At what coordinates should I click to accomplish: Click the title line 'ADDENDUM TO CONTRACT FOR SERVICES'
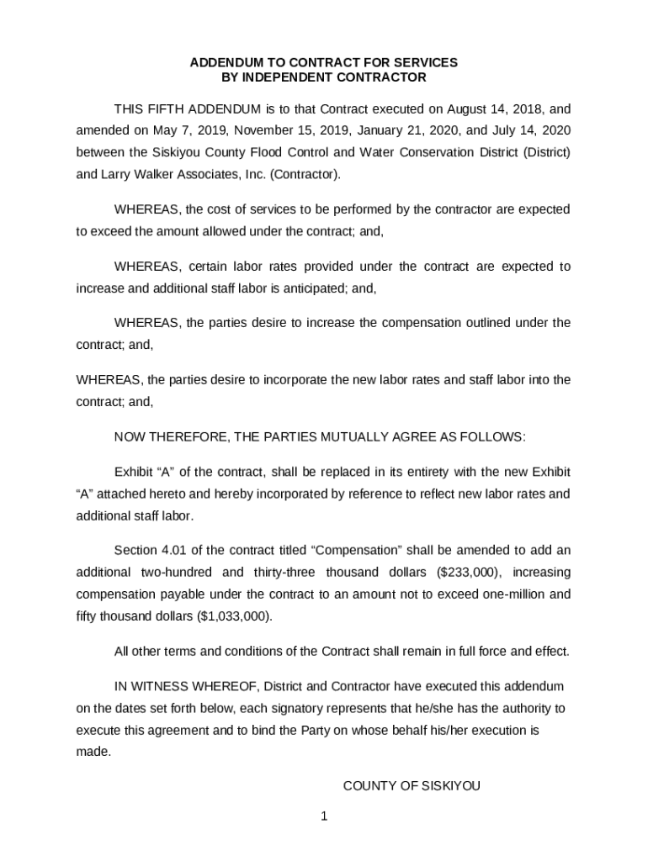323,63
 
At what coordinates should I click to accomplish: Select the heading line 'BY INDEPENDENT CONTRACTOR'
323,77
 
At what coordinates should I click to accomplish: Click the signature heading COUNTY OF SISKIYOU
412,786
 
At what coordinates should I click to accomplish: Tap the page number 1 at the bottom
323,816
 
